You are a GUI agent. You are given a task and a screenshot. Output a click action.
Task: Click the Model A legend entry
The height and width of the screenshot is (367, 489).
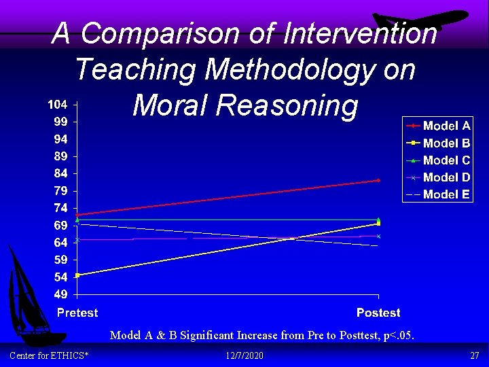pos(438,126)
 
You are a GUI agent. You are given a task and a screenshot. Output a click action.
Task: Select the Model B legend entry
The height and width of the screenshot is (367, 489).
pos(438,143)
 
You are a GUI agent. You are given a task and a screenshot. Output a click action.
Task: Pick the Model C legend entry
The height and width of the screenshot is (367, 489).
pos(438,160)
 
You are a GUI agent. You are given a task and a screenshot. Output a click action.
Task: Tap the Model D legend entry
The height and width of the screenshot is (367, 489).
pos(438,177)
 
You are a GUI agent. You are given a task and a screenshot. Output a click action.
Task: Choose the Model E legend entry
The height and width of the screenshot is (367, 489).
pos(438,194)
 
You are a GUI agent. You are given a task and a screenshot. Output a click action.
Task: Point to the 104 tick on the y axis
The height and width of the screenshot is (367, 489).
pos(57,105)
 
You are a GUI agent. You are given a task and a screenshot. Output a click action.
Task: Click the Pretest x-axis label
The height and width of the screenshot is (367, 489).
pos(77,313)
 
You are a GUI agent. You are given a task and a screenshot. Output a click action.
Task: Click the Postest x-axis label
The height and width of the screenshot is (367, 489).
pos(378,313)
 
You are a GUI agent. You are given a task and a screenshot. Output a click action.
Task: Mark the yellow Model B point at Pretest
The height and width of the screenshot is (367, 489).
pos(78,275)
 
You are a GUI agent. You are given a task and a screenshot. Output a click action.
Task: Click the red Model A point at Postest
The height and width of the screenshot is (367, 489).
pos(378,180)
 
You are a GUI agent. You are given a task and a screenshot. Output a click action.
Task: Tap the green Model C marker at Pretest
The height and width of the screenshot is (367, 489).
pos(78,220)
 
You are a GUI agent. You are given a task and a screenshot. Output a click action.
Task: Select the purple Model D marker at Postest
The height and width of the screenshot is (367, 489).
pos(378,236)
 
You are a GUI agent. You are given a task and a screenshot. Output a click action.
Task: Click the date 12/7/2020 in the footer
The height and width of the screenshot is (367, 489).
pos(244,356)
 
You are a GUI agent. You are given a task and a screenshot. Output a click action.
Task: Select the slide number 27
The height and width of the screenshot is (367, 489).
pos(474,356)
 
